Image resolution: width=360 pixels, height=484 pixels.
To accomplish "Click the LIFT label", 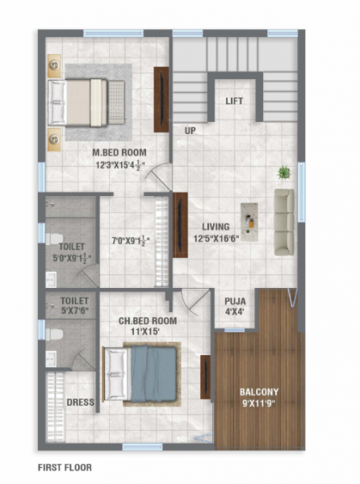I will pyautogui.click(x=234, y=101).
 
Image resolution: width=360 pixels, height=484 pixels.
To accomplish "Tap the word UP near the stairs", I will pyautogui.click(x=190, y=130).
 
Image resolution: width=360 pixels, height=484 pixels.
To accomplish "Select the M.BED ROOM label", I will pyautogui.click(x=118, y=151).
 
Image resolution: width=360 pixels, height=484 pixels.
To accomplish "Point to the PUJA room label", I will pyautogui.click(x=236, y=302).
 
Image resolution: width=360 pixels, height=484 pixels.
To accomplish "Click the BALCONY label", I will pyautogui.click(x=259, y=394).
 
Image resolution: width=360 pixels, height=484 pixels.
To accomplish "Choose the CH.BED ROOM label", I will pyautogui.click(x=148, y=321).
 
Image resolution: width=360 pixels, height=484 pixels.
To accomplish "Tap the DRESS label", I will pyautogui.click(x=81, y=402).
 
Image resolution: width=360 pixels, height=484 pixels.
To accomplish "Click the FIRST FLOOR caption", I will pyautogui.click(x=65, y=467).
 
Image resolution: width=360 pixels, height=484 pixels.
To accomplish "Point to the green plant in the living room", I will pyautogui.click(x=284, y=172).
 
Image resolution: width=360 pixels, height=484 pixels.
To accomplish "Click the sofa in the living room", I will pyautogui.click(x=283, y=211).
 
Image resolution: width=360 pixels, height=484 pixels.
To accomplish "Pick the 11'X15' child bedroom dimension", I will pyautogui.click(x=148, y=332).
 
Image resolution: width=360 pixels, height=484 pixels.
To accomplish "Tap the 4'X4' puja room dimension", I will pyautogui.click(x=236, y=312).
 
